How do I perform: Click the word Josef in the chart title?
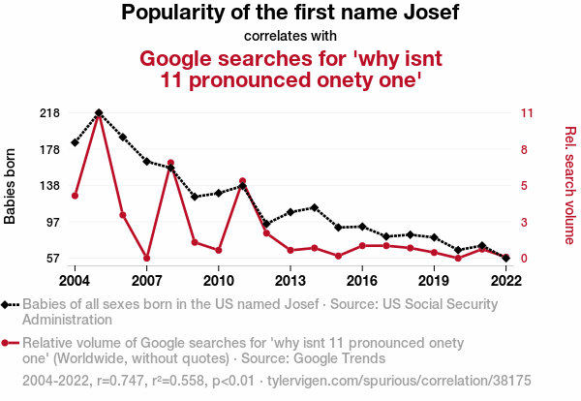[x=425, y=14]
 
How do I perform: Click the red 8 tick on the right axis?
[x=524, y=149]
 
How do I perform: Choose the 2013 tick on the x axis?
[x=290, y=280]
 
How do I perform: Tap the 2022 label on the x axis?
[x=505, y=280]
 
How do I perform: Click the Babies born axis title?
[x=11, y=186]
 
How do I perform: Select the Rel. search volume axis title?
[x=570, y=185]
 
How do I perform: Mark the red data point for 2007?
[x=147, y=258]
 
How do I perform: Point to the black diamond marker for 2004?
[x=76, y=142]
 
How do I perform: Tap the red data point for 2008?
[x=170, y=163]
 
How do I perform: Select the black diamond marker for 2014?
[x=315, y=207]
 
